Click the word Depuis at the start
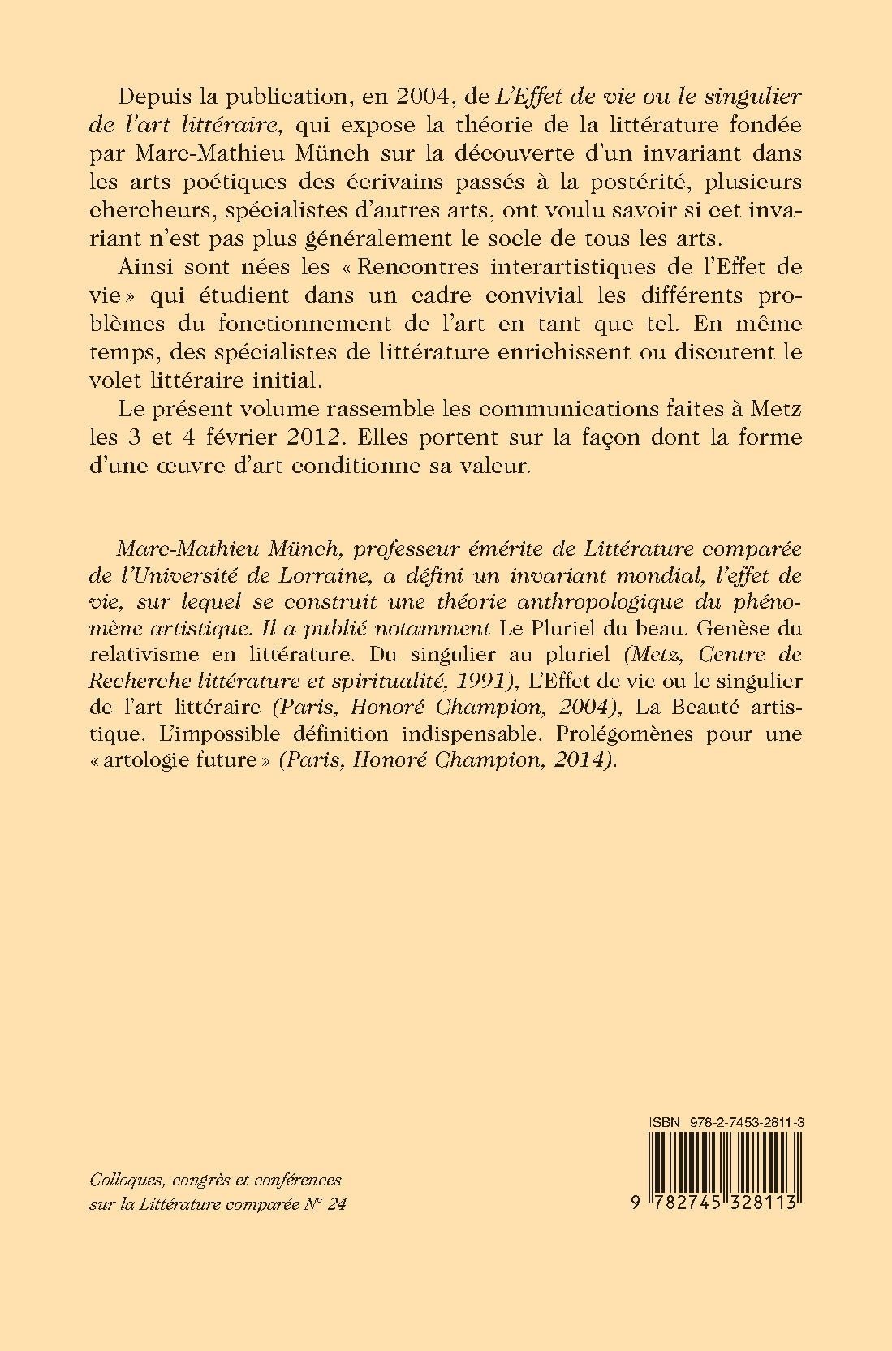pyautogui.click(x=156, y=96)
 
